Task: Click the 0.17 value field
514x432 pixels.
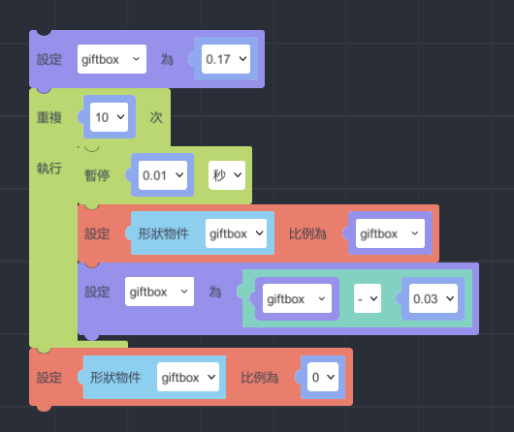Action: coord(226,59)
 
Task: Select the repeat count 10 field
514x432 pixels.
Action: coord(109,117)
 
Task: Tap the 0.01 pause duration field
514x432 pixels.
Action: coord(163,175)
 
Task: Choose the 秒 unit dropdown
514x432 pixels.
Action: coord(227,175)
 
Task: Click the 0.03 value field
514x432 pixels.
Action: coord(434,298)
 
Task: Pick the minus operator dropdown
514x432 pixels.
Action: coord(368,298)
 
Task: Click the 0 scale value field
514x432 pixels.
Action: coord(323,377)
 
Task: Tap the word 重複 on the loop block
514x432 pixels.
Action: coord(49,117)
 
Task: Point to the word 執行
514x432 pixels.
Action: coord(49,168)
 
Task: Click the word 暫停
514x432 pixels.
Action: coord(97,175)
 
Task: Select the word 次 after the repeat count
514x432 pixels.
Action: coord(156,117)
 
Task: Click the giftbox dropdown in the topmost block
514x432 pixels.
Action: coord(112,59)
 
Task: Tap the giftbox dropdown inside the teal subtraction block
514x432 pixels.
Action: coord(297,298)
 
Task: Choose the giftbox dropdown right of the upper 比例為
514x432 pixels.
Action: coord(390,233)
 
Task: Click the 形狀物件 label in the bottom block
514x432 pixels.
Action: coord(115,378)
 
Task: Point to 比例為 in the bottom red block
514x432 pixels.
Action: coord(260,378)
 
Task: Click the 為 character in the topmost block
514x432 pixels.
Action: coord(167,59)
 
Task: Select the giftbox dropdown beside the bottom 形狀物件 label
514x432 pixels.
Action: coord(188,377)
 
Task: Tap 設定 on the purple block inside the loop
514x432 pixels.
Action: coord(97,292)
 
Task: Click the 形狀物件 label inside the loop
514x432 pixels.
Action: coord(164,233)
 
